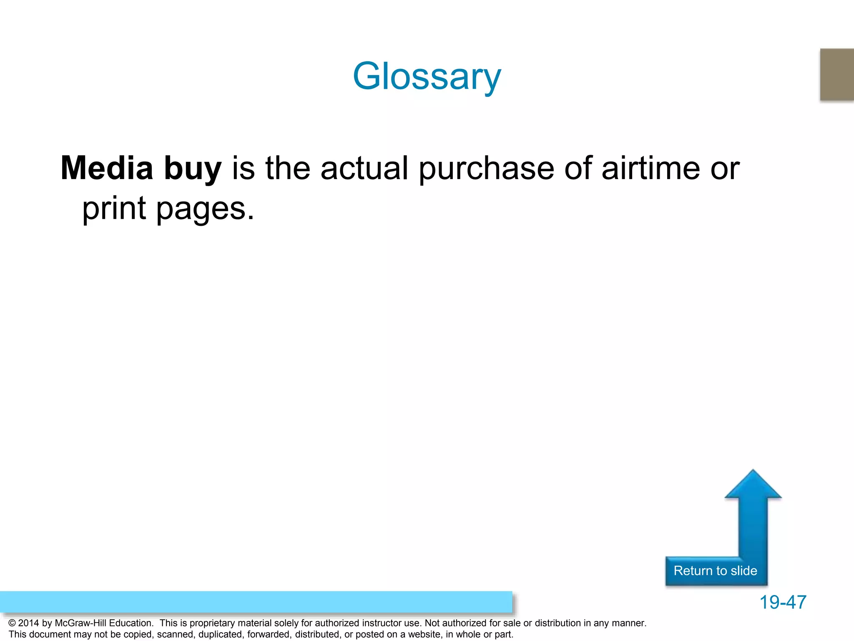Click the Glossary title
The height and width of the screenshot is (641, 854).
tap(427, 76)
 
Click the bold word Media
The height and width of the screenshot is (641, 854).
tap(107, 168)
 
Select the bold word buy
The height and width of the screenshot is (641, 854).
tap(193, 169)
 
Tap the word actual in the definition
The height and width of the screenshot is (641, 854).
tap(364, 168)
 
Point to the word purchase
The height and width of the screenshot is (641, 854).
tap(486, 169)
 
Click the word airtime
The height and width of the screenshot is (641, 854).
tap(651, 168)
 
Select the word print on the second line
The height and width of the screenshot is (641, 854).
tap(114, 209)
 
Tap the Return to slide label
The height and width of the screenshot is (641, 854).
tap(715, 570)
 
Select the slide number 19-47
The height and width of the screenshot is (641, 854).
tap(783, 602)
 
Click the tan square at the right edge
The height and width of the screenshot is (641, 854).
tap(837, 74)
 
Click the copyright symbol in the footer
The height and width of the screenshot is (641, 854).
tap(12, 623)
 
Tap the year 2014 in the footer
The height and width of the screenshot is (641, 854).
tap(28, 623)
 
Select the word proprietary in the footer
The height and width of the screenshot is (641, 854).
tap(215, 623)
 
